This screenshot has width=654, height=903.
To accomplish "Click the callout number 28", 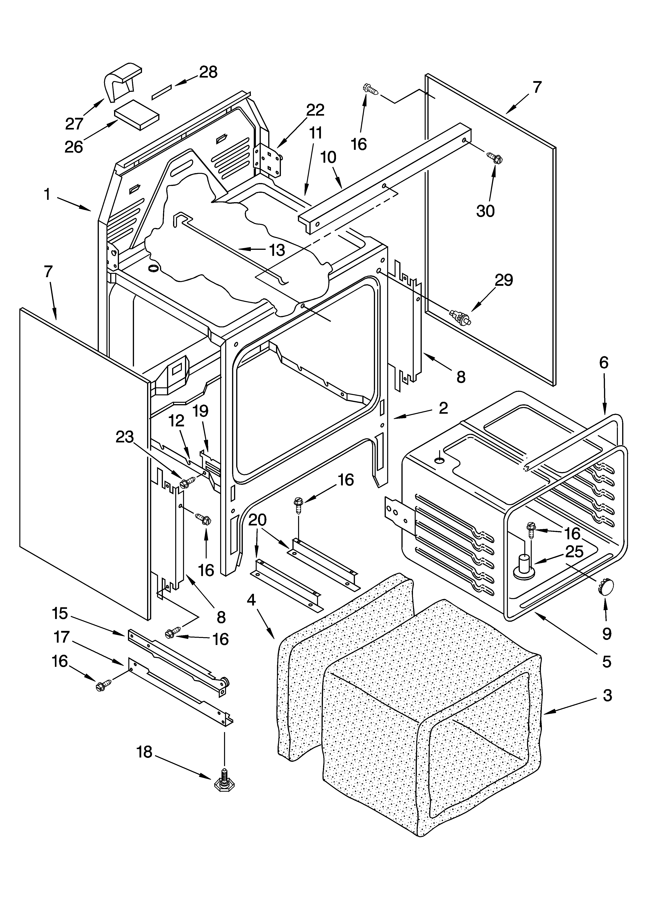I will (208, 72).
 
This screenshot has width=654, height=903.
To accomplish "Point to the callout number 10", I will (328, 158).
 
